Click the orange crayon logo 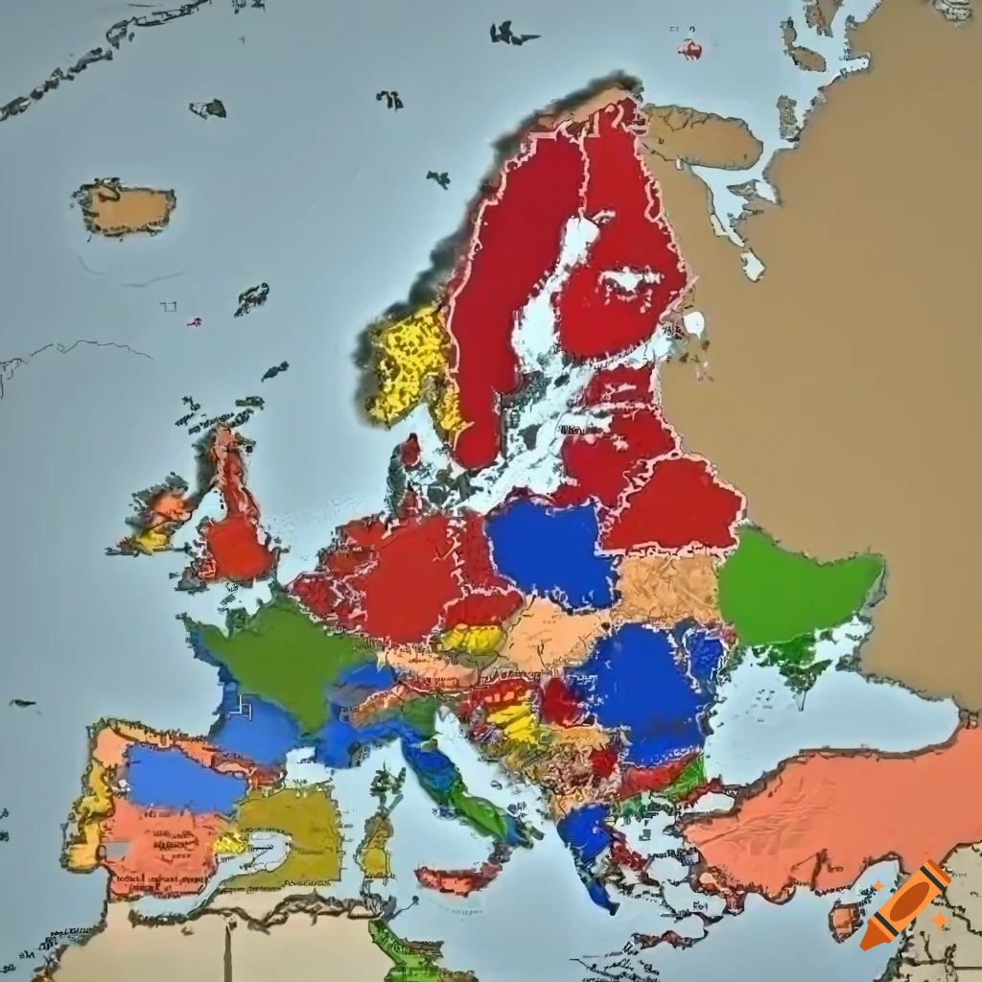[x=905, y=904]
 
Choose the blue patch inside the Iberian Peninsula [x=182, y=777]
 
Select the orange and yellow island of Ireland [x=158, y=518]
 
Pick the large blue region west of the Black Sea [x=638, y=681]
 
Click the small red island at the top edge [x=689, y=49]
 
